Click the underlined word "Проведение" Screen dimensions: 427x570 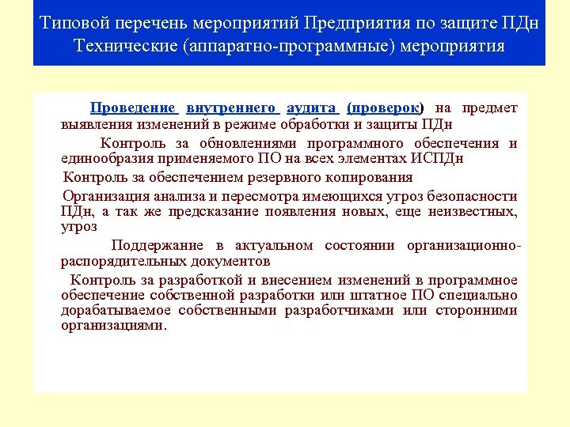(x=132, y=108)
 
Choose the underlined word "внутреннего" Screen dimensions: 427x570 (x=231, y=108)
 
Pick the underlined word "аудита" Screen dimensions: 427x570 (x=313, y=108)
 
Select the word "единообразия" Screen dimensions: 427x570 (x=106, y=158)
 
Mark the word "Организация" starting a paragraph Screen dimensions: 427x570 (x=104, y=196)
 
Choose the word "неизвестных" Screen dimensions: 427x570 (x=473, y=211)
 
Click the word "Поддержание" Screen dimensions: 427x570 (x=157, y=245)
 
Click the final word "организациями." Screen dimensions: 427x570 (x=114, y=325)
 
